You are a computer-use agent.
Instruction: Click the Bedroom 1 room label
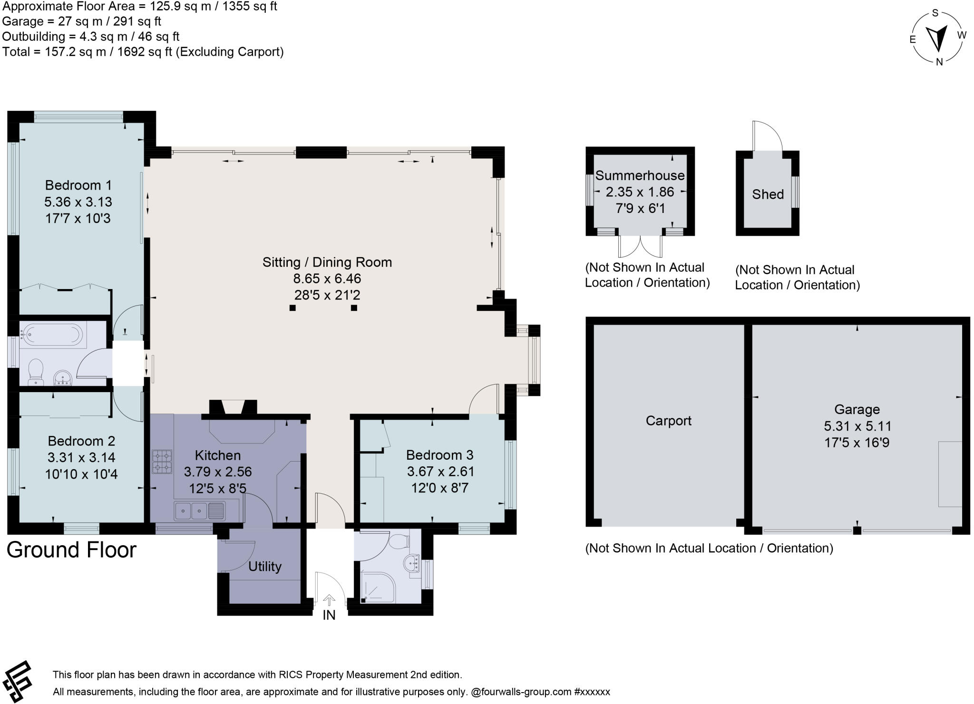click(78, 185)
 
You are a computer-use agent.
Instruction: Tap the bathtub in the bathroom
click(53, 334)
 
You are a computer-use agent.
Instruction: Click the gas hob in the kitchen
click(162, 462)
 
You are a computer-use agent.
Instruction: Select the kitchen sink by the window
click(200, 511)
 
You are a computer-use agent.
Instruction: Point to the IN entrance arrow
click(329, 600)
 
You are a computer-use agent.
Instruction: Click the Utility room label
click(264, 566)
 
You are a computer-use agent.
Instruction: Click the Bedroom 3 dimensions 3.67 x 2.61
click(440, 472)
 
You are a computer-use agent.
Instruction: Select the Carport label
click(668, 421)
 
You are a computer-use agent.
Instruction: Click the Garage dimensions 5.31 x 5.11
click(857, 426)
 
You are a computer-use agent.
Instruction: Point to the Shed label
click(768, 194)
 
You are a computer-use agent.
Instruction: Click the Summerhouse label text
click(640, 175)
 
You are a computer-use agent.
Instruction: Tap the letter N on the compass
click(939, 62)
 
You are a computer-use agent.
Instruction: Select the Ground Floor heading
click(71, 550)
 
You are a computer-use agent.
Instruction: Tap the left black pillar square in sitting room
click(292, 308)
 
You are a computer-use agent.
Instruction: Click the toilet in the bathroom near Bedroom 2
click(36, 372)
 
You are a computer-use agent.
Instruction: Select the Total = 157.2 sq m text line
click(143, 52)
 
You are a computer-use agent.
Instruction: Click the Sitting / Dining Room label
click(327, 262)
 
